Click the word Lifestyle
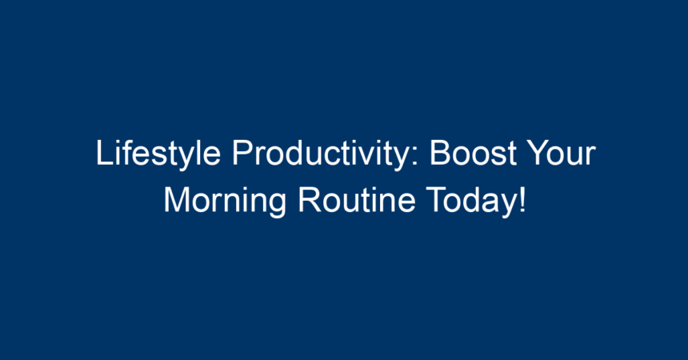pos(158,154)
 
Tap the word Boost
pos(473,153)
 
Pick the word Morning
pos(225,202)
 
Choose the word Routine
pos(356,200)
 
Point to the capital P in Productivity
pos(242,153)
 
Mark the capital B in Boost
pos(440,153)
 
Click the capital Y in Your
pos(538,153)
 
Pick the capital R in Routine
pos(309,200)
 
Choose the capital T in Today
pos(436,200)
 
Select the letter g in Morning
pos(277,206)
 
